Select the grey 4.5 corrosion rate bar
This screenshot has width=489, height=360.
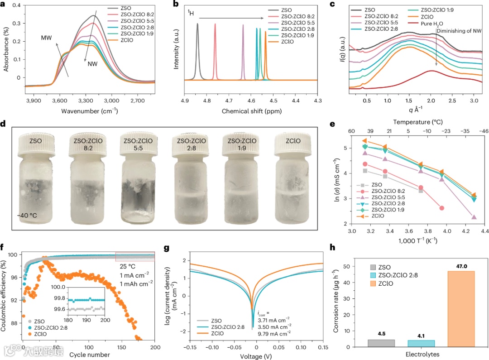click(x=382, y=343)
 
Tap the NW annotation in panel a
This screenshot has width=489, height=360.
click(x=93, y=64)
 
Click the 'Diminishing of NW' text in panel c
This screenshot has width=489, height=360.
click(x=459, y=30)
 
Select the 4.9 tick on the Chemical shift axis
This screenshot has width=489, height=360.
click(x=184, y=100)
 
